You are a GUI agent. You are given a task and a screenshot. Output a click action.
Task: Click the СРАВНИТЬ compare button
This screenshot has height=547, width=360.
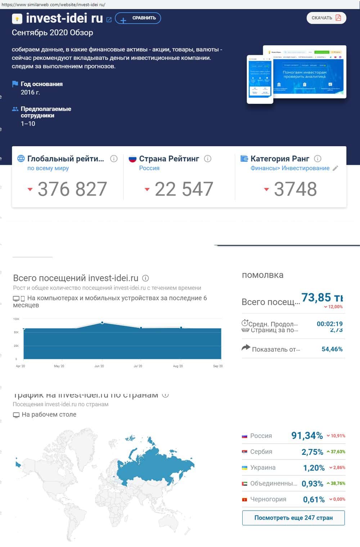click(138, 18)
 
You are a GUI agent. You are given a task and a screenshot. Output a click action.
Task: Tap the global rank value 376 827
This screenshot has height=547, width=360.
click(72, 189)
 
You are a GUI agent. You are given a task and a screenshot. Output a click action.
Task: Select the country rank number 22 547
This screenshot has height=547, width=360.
click(184, 189)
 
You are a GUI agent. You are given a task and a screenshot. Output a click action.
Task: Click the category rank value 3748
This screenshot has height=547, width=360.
click(295, 189)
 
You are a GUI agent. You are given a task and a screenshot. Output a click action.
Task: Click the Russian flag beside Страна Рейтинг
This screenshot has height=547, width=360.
click(132, 159)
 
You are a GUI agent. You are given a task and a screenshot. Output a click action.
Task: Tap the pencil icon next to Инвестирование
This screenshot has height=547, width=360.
click(335, 168)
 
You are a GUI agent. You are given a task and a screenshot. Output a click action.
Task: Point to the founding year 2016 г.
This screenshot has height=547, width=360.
click(30, 93)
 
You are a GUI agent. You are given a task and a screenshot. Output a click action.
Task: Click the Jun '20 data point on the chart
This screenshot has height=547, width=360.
click(103, 323)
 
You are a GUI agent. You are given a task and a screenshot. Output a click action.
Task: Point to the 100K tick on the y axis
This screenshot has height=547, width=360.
click(16, 319)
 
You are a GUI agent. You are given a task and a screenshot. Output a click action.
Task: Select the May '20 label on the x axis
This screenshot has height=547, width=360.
click(59, 366)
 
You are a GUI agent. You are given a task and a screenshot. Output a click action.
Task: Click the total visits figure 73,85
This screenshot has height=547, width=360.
click(316, 297)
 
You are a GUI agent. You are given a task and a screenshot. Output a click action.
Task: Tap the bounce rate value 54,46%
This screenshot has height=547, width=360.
click(332, 349)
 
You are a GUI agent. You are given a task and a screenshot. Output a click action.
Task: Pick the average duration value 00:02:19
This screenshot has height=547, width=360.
click(329, 324)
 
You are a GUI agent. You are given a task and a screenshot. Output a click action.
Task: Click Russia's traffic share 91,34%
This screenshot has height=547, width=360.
click(307, 436)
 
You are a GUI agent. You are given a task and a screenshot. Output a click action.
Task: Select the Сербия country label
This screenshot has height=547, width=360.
click(261, 452)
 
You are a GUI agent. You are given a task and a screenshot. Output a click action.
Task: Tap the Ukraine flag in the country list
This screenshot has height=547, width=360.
click(244, 468)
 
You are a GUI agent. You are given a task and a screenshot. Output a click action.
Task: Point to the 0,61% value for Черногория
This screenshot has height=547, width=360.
click(314, 499)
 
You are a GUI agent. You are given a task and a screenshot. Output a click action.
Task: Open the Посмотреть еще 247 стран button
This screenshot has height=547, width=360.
click(293, 518)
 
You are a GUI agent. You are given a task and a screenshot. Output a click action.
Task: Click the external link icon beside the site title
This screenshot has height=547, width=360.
click(109, 19)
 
